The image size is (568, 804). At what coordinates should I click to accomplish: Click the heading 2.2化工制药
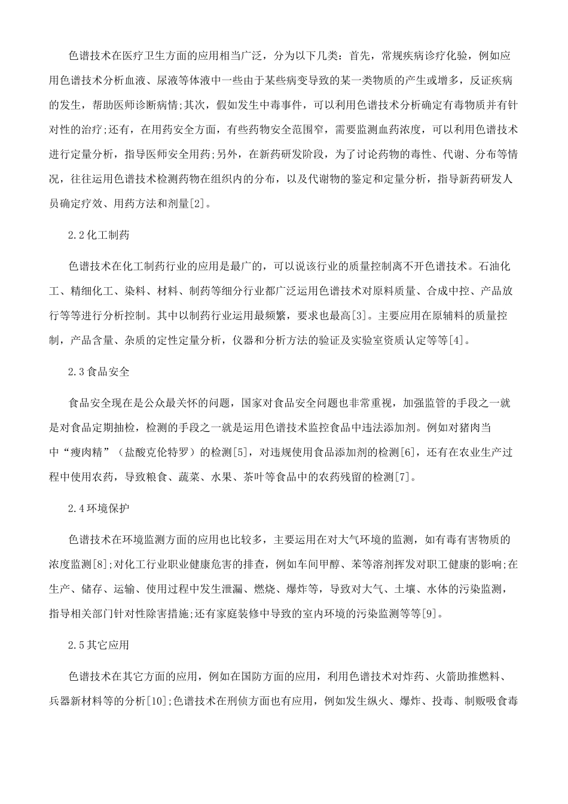(x=99, y=235)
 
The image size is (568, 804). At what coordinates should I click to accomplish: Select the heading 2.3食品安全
(x=99, y=371)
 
